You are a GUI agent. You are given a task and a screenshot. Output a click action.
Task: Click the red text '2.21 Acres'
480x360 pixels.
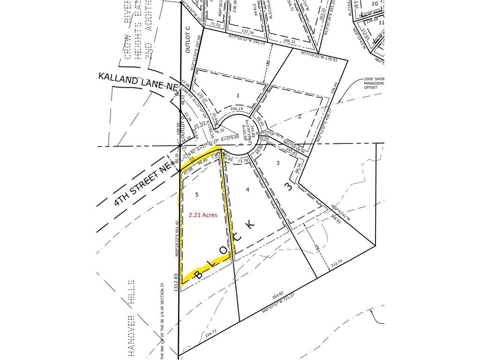(x=203, y=215)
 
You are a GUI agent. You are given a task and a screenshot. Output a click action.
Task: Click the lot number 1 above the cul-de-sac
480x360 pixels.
(x=238, y=96)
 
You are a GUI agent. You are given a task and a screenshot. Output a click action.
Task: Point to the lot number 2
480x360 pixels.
(x=299, y=117)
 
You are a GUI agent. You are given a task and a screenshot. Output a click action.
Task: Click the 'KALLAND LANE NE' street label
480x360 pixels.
(x=138, y=81)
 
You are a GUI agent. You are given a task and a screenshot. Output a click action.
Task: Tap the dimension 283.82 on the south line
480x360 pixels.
(x=277, y=295)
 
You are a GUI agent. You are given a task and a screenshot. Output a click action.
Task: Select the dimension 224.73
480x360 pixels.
(x=211, y=332)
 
